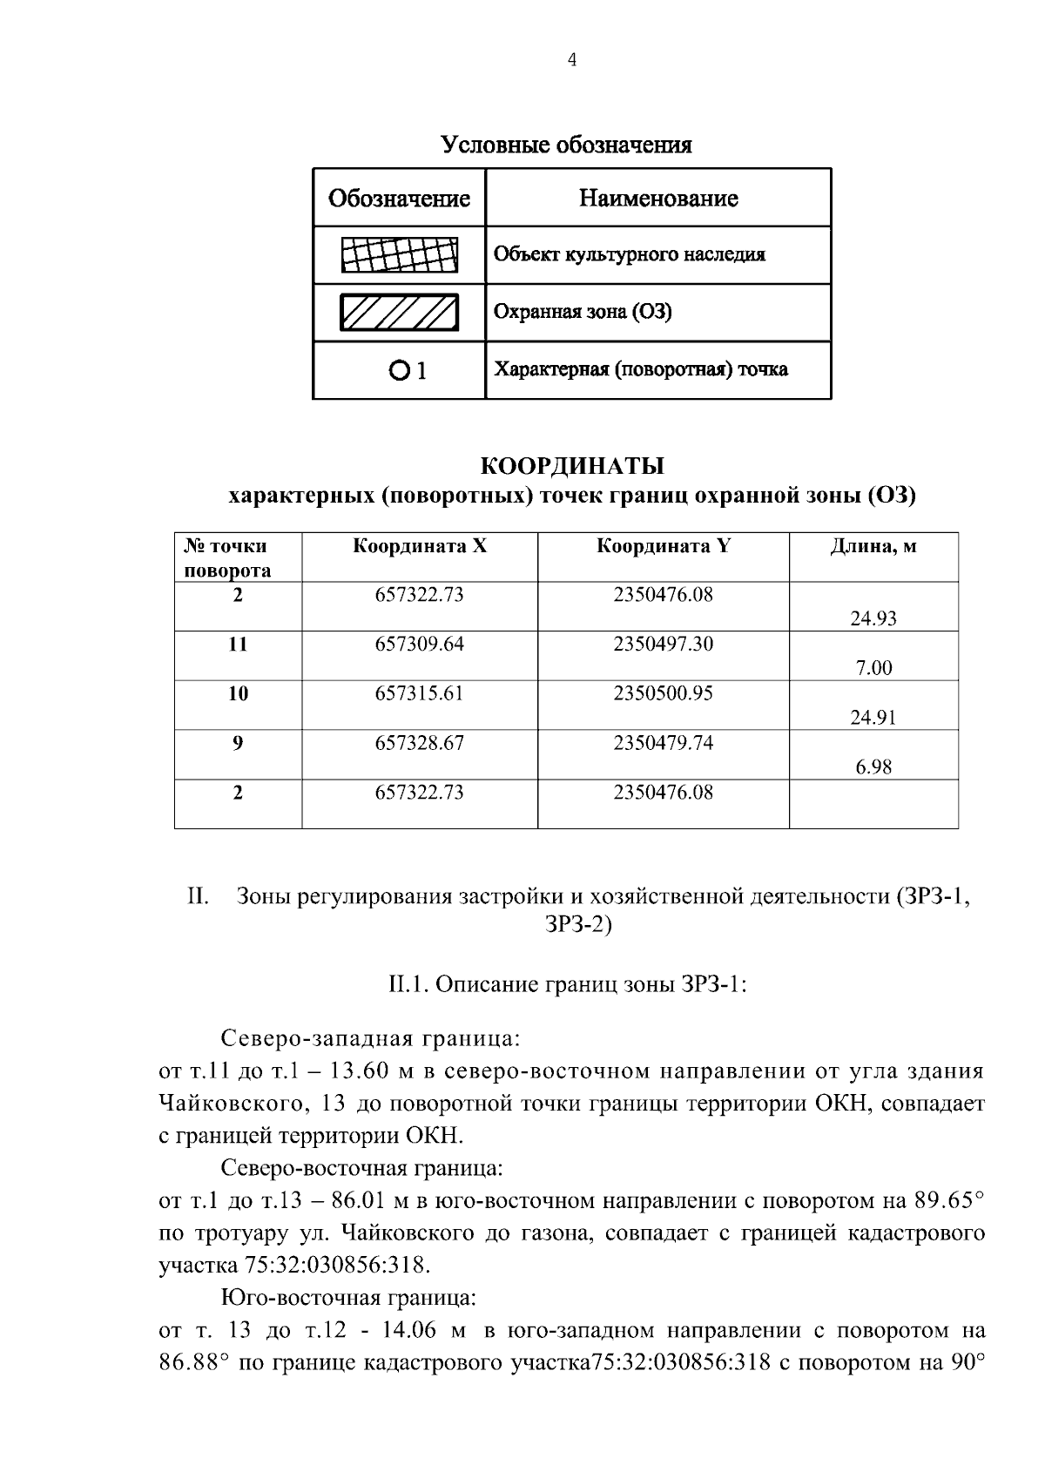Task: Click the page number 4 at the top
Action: click(x=571, y=60)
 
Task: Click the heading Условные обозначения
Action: click(x=566, y=145)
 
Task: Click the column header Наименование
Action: click(x=658, y=199)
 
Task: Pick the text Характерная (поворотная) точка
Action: click(x=641, y=369)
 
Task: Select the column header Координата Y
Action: click(x=663, y=547)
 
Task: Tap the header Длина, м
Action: click(x=873, y=547)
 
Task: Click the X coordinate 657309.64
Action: click(x=419, y=645)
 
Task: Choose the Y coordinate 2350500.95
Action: click(x=663, y=694)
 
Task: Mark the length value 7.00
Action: click(x=873, y=669)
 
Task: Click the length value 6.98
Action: click(x=873, y=767)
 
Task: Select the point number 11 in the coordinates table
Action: click(x=238, y=645)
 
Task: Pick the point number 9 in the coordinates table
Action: click(x=238, y=743)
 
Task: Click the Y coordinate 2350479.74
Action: click(x=663, y=743)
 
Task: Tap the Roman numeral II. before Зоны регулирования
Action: click(x=198, y=897)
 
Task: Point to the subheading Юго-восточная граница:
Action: click(x=348, y=1298)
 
